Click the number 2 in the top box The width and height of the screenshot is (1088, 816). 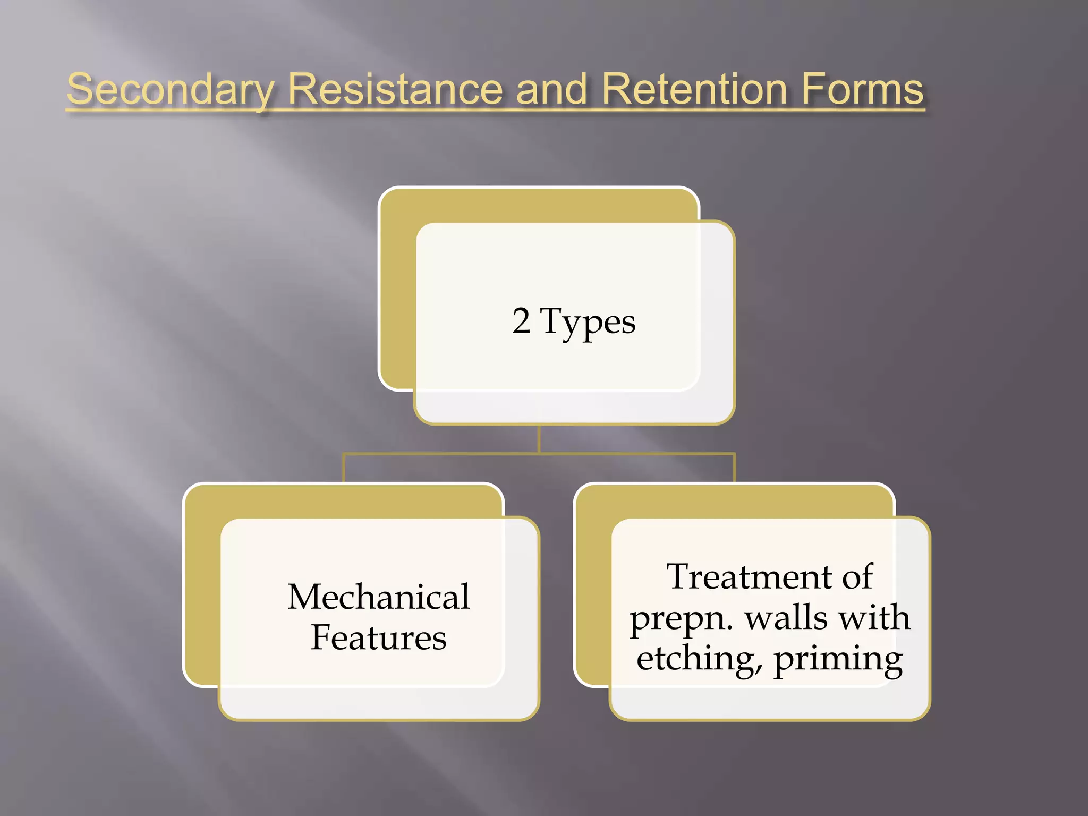pyautogui.click(x=521, y=321)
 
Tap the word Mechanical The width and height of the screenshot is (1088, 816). pyautogui.click(x=379, y=597)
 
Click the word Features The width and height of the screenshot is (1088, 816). pyautogui.click(x=378, y=637)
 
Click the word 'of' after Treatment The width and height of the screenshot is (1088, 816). pyautogui.click(x=856, y=576)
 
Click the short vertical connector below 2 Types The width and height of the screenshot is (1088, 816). pyautogui.click(x=539, y=439)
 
